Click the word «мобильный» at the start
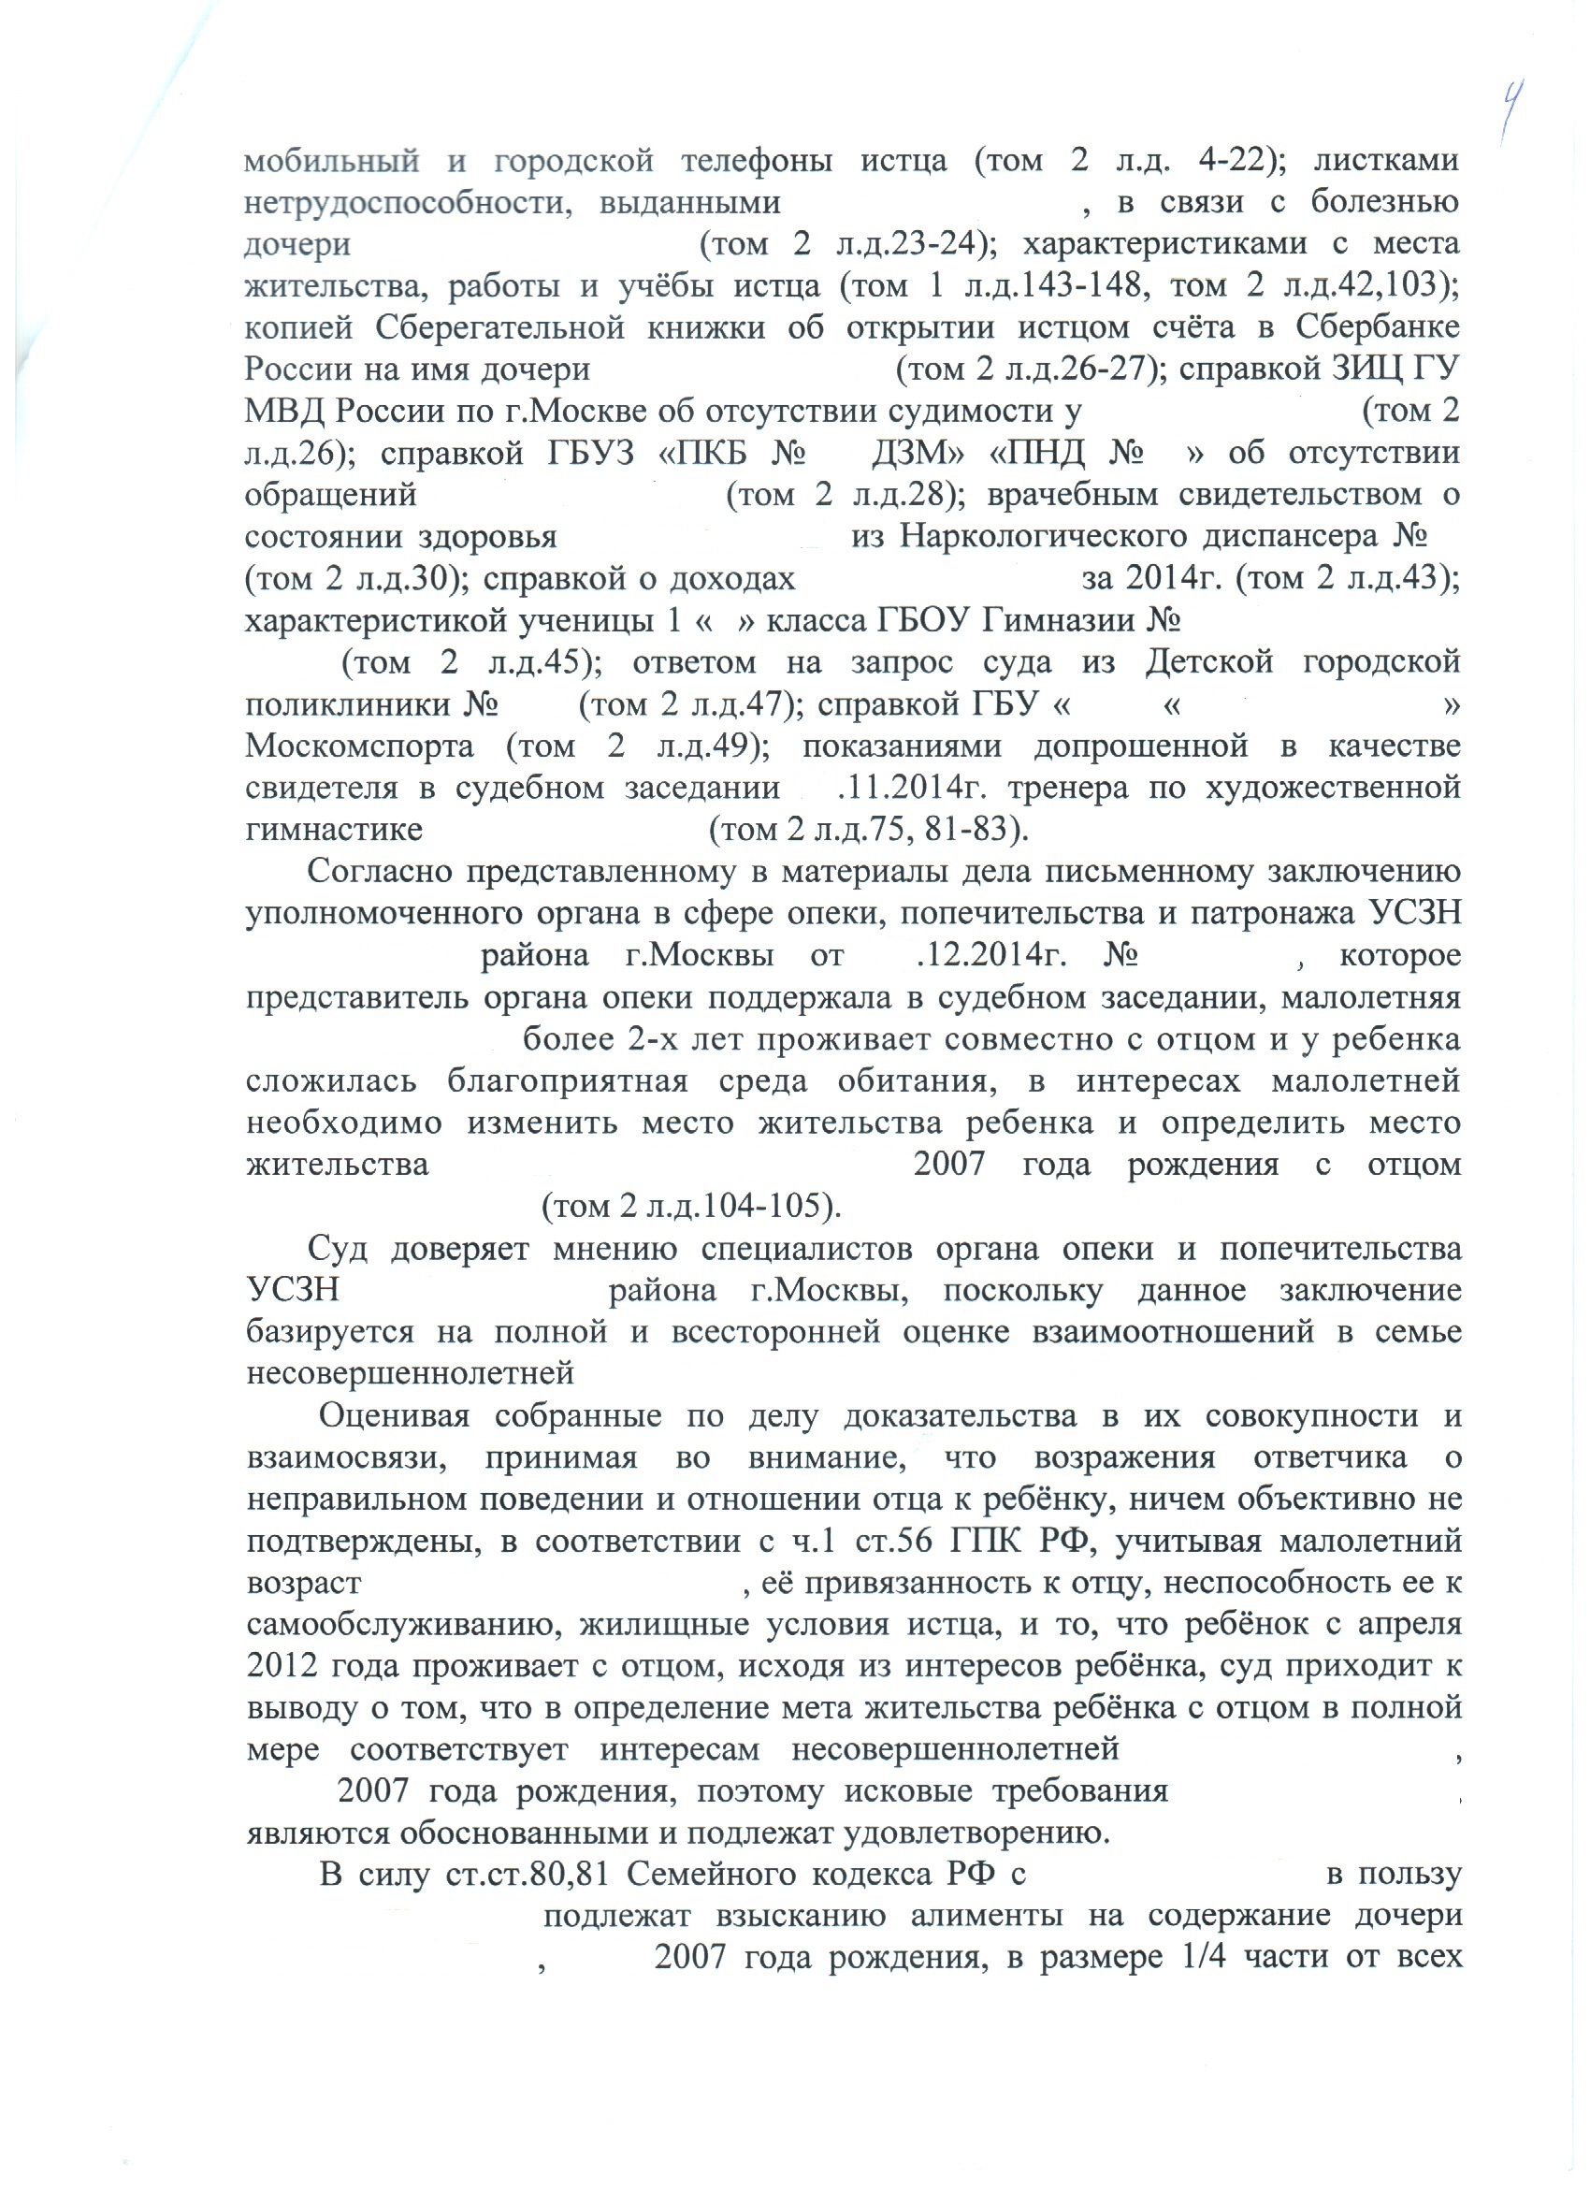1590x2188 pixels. pyautogui.click(x=332, y=160)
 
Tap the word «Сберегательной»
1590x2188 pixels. pyautogui.click(x=499, y=328)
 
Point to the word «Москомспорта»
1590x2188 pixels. pyautogui.click(x=360, y=746)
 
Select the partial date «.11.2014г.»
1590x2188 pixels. pyautogui.click(x=916, y=790)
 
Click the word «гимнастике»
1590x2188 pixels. pyautogui.click(x=334, y=831)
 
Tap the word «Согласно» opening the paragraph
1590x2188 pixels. pyautogui.click(x=377, y=872)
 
